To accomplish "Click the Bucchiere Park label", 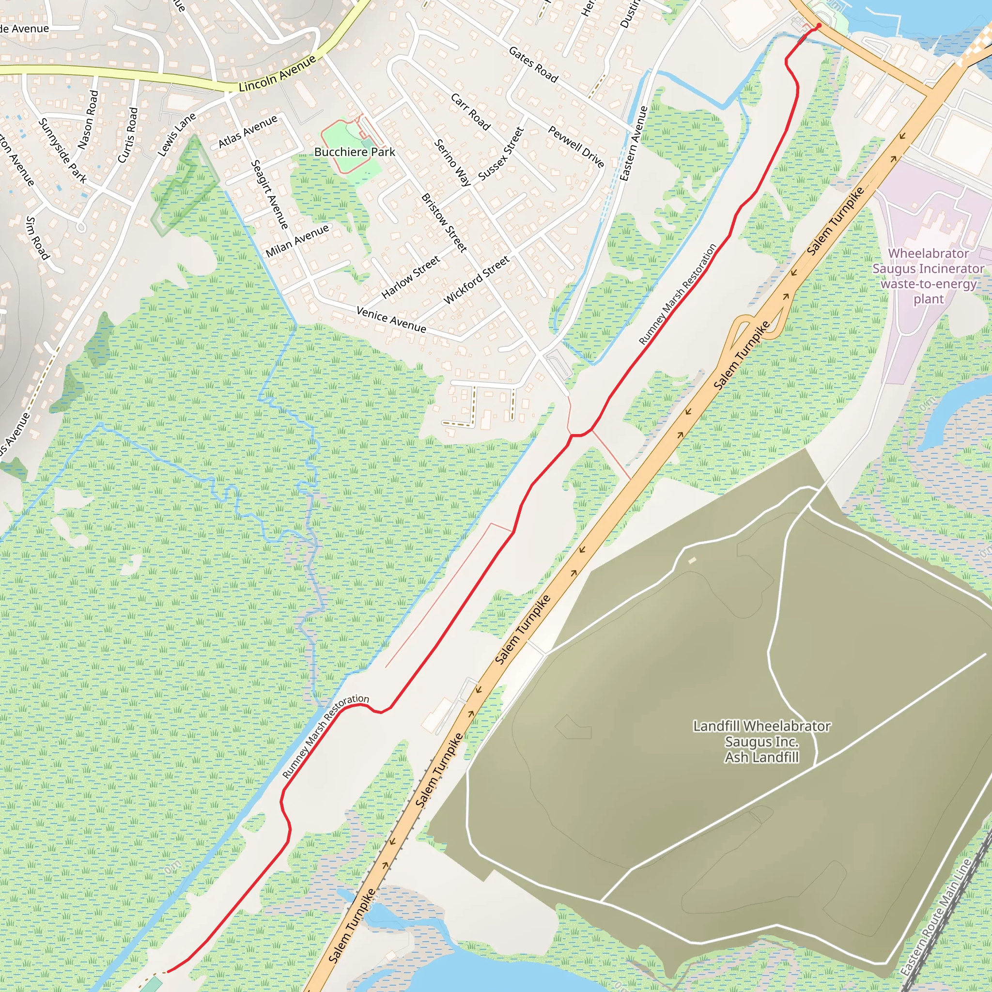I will [x=354, y=152].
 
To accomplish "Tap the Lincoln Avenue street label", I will [x=277, y=74].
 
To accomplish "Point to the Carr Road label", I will [x=470, y=111].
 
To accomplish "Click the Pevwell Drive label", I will [x=575, y=146].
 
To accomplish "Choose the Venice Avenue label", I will [x=391, y=319].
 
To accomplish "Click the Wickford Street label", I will [x=477, y=280].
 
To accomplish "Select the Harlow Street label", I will [x=411, y=277].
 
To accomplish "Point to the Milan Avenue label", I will [x=297, y=240].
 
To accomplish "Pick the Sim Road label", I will [x=37, y=238].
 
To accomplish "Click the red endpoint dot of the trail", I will [x=819, y=25].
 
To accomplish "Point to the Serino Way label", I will [x=452, y=162].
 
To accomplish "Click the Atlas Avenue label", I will [x=248, y=131].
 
